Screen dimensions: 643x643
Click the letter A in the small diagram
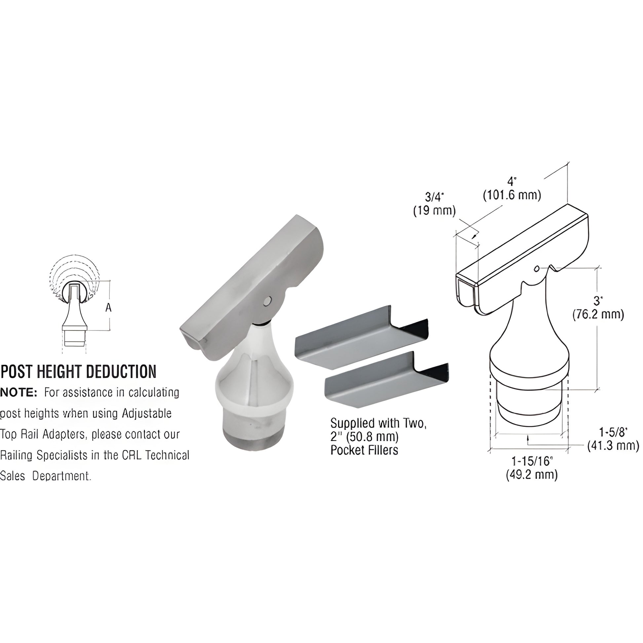click(108, 308)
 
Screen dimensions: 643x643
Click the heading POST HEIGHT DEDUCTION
click(79, 372)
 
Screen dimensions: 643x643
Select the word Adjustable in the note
click(146, 413)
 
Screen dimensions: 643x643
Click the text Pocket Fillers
click(364, 450)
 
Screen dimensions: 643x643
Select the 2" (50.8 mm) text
click(364, 437)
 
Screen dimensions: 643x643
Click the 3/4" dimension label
click(434, 197)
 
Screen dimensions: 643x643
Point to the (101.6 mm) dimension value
click(512, 195)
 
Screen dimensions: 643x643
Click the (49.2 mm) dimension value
click(532, 474)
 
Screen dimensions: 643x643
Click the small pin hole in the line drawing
click(536, 269)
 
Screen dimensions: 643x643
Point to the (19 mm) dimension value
click(434, 211)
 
